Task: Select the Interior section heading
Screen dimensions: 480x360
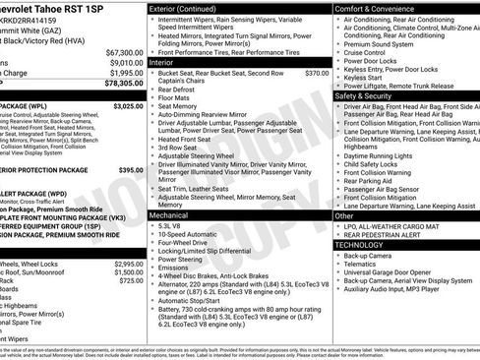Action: (x=162, y=62)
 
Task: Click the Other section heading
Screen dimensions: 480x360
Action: (x=344, y=214)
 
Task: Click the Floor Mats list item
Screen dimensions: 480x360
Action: (x=173, y=98)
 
